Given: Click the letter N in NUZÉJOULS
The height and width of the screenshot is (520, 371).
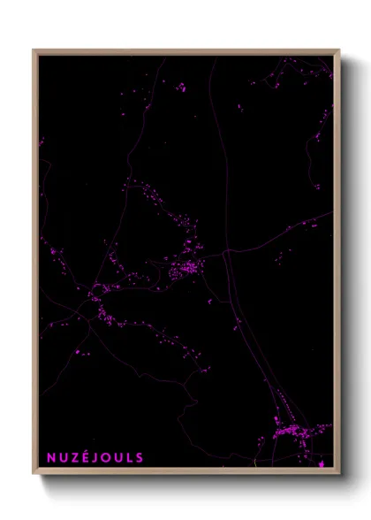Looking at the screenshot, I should pyautogui.click(x=52, y=458).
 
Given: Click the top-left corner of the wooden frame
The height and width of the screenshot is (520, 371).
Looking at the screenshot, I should pyautogui.click(x=34, y=50).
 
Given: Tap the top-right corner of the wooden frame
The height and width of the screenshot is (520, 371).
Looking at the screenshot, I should pyautogui.click(x=339, y=50).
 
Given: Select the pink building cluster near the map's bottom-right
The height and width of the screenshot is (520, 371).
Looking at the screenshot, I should pyautogui.click(x=291, y=432).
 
